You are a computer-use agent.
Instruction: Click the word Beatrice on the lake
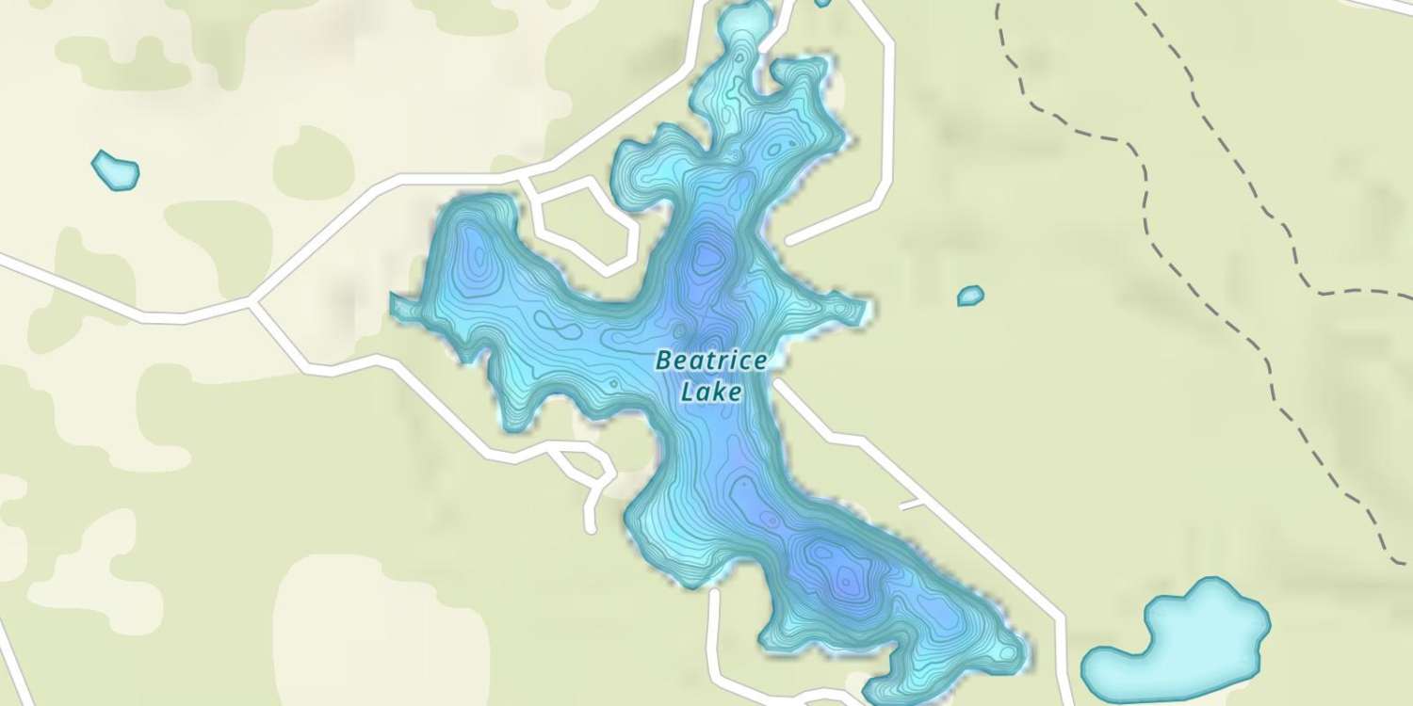tap(705, 361)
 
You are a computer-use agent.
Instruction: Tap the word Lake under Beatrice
tap(710, 392)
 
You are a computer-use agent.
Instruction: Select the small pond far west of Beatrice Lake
tap(116, 170)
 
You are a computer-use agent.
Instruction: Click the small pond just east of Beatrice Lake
tap(970, 296)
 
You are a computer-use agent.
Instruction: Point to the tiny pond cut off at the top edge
tap(822, 3)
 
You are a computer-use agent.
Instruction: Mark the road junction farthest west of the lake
tap(253, 303)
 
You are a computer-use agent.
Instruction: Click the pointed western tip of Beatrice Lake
tap(394, 301)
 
